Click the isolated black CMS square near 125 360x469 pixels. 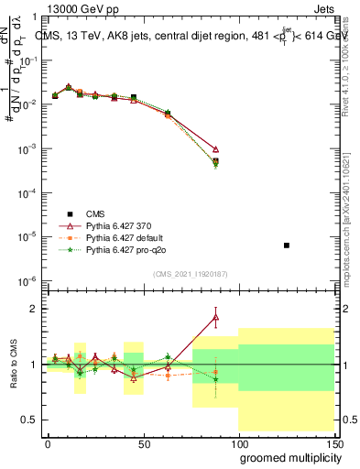(x=287, y=245)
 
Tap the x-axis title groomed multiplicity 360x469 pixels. (x=286, y=456)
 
